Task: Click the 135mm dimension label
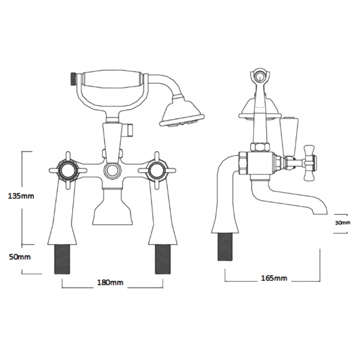(x=21, y=196)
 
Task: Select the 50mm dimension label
(x=20, y=256)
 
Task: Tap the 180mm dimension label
(x=110, y=282)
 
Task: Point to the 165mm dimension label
(x=274, y=278)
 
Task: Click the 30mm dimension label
(x=342, y=223)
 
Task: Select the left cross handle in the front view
(x=68, y=171)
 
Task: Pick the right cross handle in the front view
(x=157, y=171)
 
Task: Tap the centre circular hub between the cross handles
(x=112, y=171)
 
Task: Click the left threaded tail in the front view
(x=62, y=259)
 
